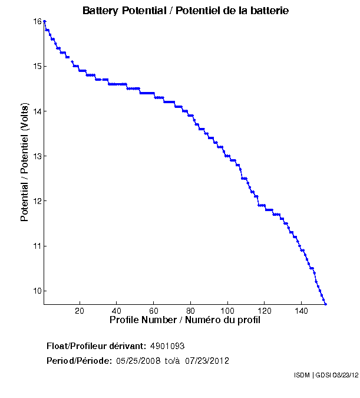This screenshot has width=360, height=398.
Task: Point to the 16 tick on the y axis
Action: (x=37, y=21)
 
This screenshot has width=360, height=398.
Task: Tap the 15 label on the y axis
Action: (x=37, y=66)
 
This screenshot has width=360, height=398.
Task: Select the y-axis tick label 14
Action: (x=37, y=111)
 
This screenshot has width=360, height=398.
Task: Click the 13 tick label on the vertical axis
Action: (x=37, y=156)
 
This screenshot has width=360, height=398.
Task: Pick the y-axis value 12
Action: (x=37, y=200)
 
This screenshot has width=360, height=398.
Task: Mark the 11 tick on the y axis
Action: (x=37, y=245)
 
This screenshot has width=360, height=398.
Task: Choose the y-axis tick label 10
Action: (x=37, y=290)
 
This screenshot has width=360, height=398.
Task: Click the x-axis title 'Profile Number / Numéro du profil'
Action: (x=185, y=320)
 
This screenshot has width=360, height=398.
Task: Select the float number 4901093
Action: (x=168, y=346)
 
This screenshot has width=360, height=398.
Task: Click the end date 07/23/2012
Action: (x=207, y=361)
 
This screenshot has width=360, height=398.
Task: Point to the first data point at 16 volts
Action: (x=45, y=21)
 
